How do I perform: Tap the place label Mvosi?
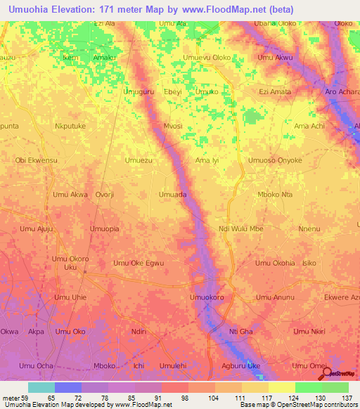173,126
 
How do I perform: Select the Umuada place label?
173,195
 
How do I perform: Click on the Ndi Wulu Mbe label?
241,229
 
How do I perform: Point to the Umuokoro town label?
207,298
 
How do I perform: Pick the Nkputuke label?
70,126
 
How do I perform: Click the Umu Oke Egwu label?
139,264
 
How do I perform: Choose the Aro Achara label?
342,93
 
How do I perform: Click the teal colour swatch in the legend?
41,387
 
